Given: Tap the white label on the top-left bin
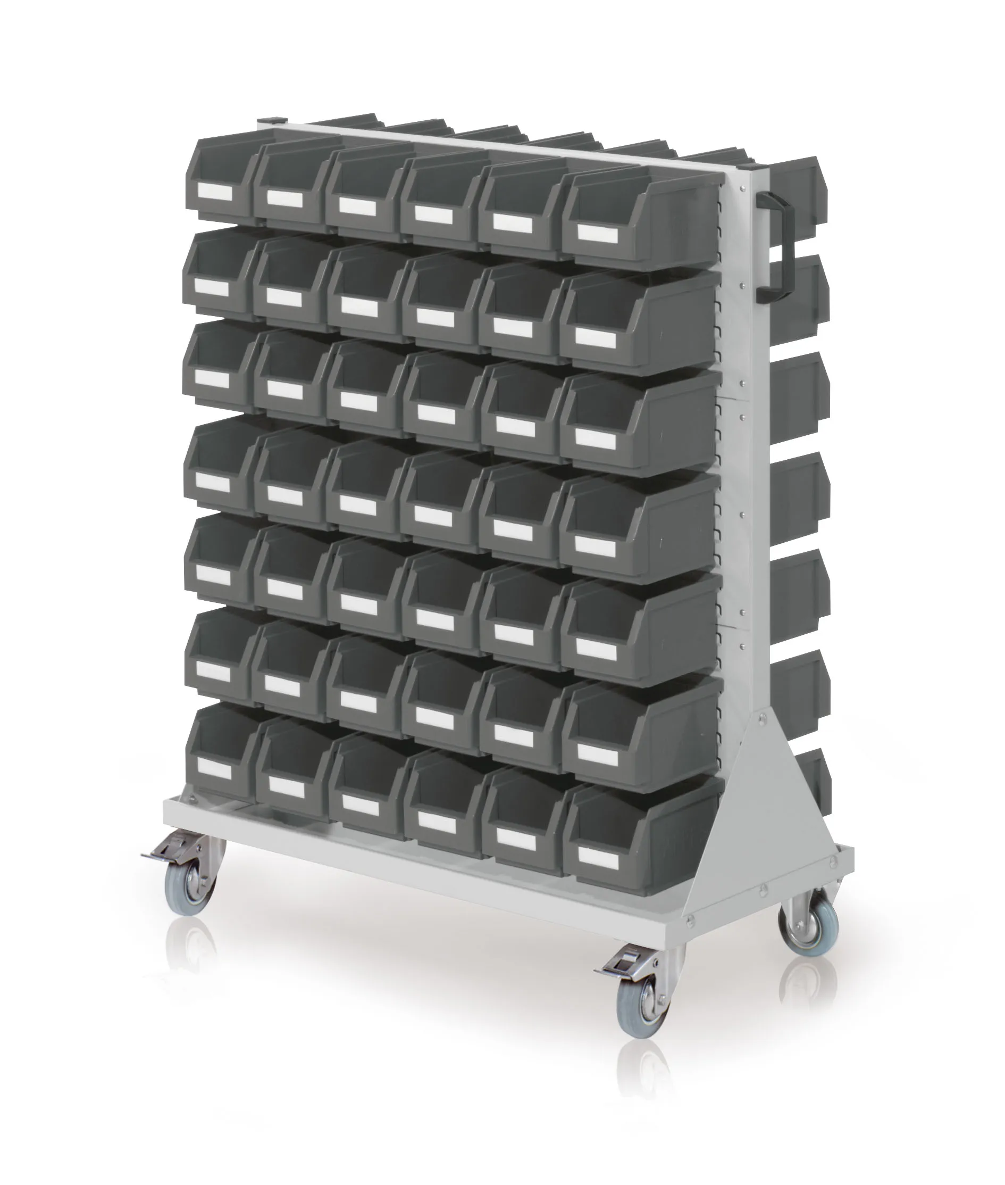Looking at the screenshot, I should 215,193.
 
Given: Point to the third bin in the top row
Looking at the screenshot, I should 365,194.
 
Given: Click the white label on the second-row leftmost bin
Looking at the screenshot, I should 212,288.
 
